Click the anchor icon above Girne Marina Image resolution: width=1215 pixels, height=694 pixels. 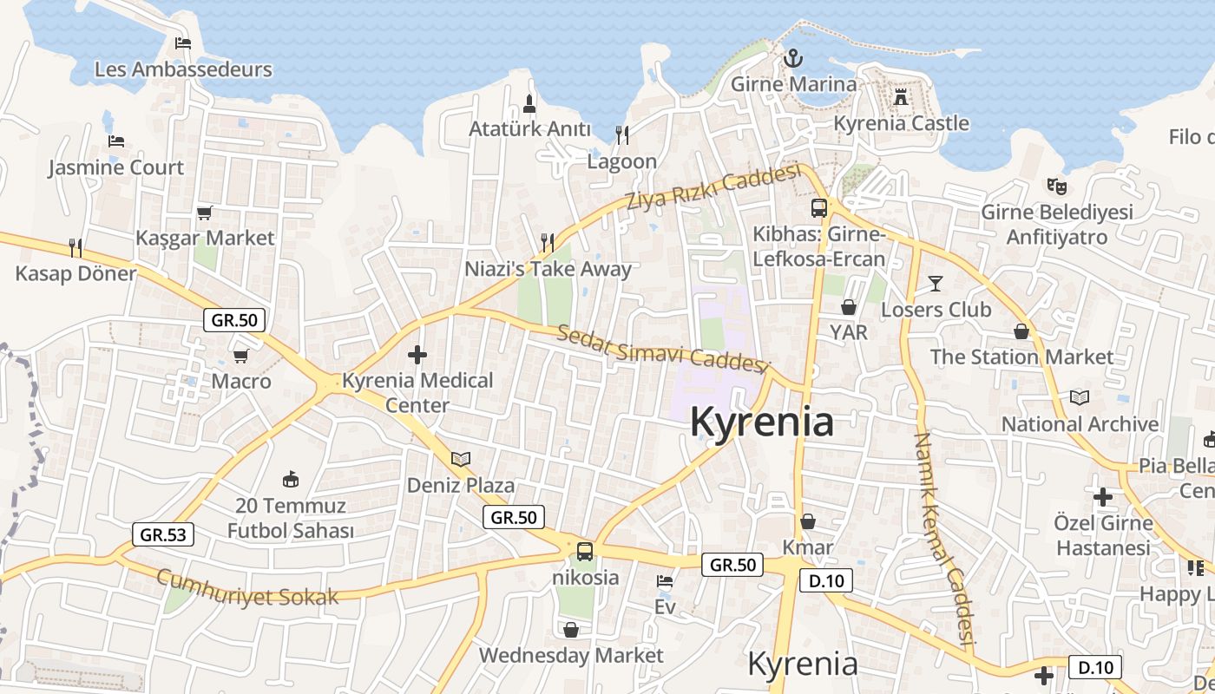791,59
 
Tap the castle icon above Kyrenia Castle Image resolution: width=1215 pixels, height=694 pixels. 901,98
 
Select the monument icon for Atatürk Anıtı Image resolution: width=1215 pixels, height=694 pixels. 529,105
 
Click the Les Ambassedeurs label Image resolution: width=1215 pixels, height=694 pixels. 183,69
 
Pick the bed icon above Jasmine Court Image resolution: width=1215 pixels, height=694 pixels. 116,141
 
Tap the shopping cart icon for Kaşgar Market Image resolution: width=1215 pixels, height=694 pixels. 205,213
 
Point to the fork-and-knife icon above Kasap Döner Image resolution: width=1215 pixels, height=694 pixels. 76,248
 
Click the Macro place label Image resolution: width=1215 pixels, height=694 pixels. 241,381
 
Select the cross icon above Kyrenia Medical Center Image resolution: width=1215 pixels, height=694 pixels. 417,354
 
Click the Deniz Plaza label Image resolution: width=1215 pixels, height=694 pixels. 461,485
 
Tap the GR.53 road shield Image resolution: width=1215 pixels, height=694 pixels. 163,534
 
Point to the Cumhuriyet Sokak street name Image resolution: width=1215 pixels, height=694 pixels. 247,588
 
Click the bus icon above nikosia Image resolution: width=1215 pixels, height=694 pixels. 585,551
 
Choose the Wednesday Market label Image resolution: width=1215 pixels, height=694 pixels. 571,655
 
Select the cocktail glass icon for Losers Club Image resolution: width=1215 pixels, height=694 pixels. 936,284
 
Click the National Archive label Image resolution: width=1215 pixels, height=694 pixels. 1080,424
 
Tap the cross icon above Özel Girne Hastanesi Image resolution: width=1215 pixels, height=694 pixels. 1103,497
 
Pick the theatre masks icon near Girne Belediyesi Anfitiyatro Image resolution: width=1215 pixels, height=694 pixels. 1056,186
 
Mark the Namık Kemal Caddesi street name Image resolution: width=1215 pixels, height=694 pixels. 942,538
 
